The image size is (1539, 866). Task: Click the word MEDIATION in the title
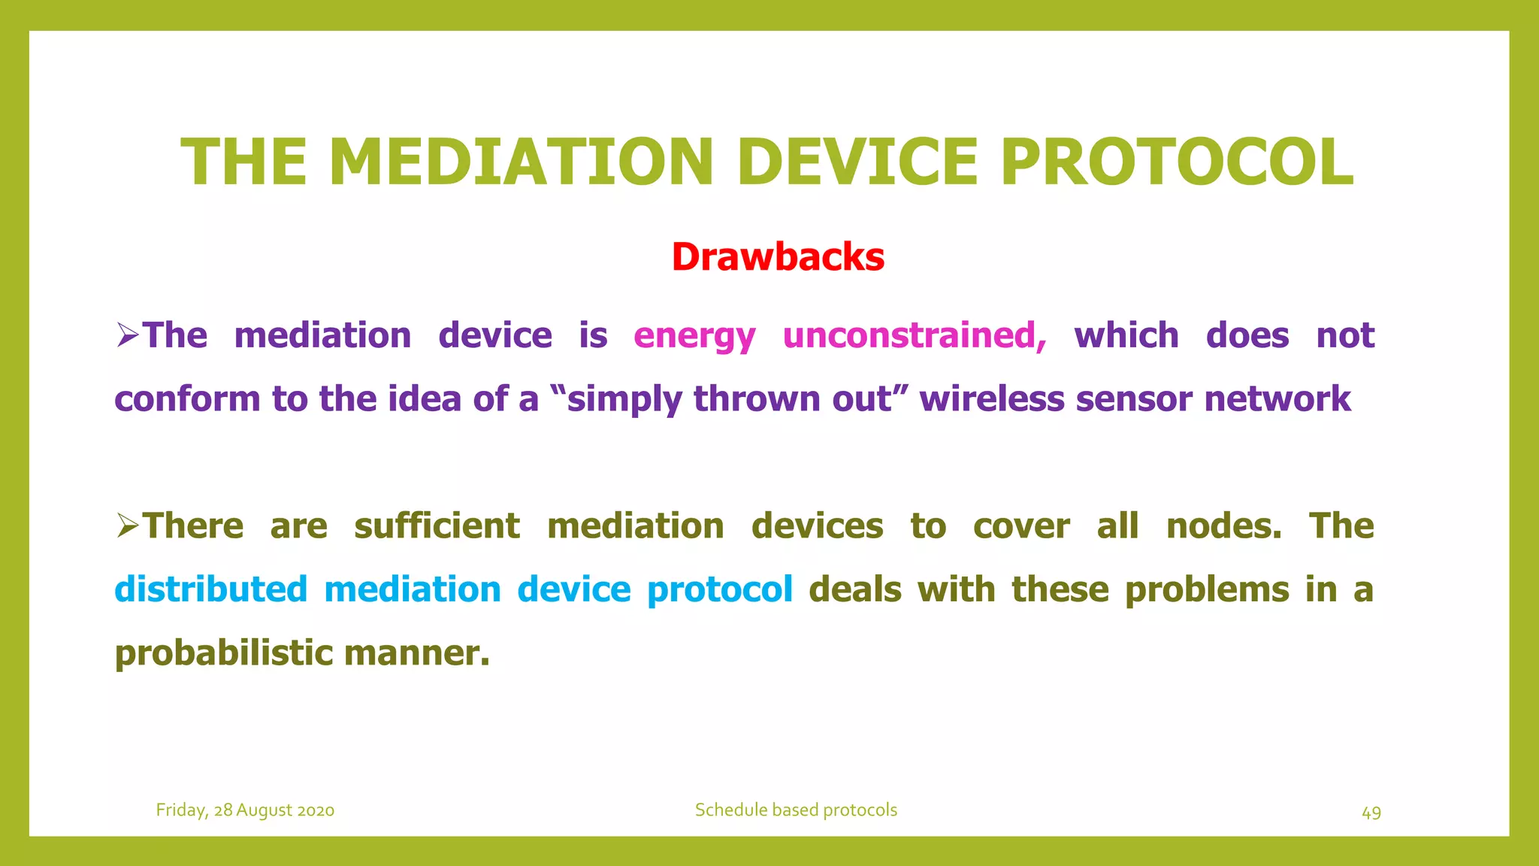tap(520, 162)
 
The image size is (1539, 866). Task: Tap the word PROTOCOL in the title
tap(1177, 162)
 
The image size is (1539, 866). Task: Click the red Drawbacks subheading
tap(778, 257)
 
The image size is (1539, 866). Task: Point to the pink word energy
tap(694, 336)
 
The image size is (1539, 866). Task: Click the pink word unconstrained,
tap(914, 335)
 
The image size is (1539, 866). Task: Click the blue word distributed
tap(211, 589)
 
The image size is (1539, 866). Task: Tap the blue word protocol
tap(719, 589)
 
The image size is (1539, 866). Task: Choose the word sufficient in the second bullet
tap(437, 525)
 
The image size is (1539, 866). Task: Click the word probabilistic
tap(224, 653)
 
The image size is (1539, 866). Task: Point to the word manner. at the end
tap(417, 653)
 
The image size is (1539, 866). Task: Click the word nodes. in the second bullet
tap(1223, 525)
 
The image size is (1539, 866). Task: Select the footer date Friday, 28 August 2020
tap(245, 810)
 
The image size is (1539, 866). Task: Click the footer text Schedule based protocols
tap(796, 810)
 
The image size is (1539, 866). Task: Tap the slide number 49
tap(1371, 813)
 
